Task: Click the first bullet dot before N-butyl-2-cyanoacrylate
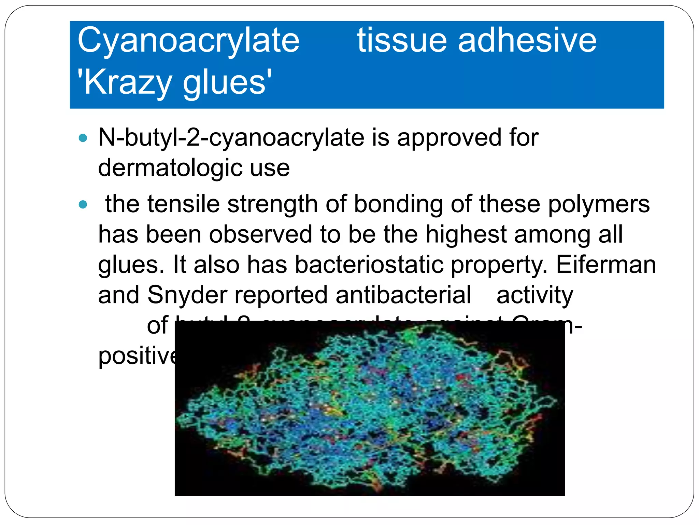83,138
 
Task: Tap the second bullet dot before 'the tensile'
83,205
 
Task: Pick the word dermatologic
170,168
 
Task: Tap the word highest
466,235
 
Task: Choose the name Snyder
187,295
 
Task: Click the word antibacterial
403,295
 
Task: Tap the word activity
534,295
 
